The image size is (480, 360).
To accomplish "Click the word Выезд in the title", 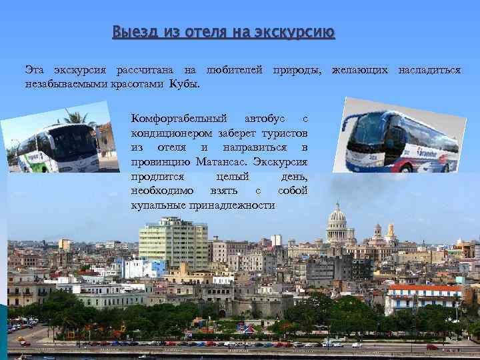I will [131, 32].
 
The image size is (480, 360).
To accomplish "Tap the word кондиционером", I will [170, 133].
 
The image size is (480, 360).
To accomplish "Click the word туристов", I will [284, 133].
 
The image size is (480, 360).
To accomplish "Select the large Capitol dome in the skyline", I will [338, 219].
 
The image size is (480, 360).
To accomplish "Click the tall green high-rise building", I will [173, 243].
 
